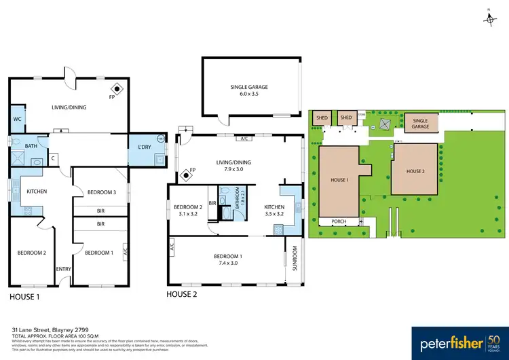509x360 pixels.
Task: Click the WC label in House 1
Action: coord(17,120)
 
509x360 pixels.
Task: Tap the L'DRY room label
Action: coord(144,148)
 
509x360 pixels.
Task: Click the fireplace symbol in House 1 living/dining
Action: coord(116,88)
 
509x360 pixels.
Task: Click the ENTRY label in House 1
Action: coord(64,270)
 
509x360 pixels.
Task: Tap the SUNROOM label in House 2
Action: coord(295,258)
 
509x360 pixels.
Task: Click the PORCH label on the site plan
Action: coord(338,221)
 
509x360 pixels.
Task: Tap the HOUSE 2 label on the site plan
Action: coord(415,171)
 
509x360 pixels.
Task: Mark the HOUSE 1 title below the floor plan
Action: coord(24,297)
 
